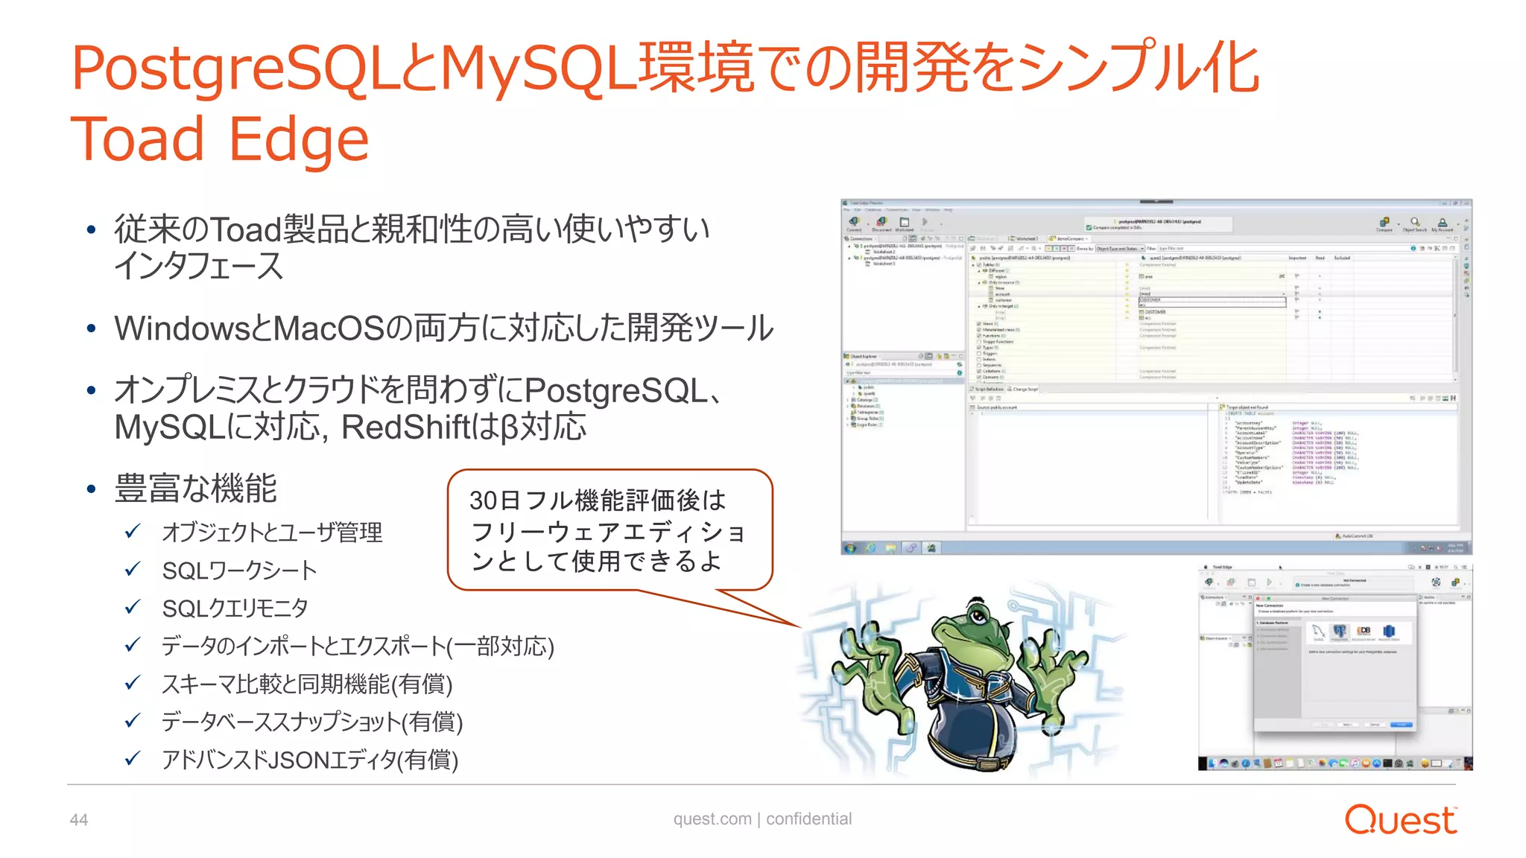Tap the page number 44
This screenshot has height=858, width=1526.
pyautogui.click(x=79, y=820)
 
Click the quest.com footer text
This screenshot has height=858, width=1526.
pyautogui.click(x=712, y=819)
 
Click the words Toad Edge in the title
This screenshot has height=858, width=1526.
pyautogui.click(x=220, y=139)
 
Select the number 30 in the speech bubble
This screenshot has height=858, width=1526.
pyautogui.click(x=484, y=500)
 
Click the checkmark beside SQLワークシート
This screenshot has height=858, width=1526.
pyautogui.click(x=133, y=570)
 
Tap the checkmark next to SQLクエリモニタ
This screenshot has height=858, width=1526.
pyautogui.click(x=133, y=608)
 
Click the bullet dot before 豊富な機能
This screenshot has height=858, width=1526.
pyautogui.click(x=91, y=489)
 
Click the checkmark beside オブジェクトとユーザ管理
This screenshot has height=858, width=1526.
pyautogui.click(x=133, y=532)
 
